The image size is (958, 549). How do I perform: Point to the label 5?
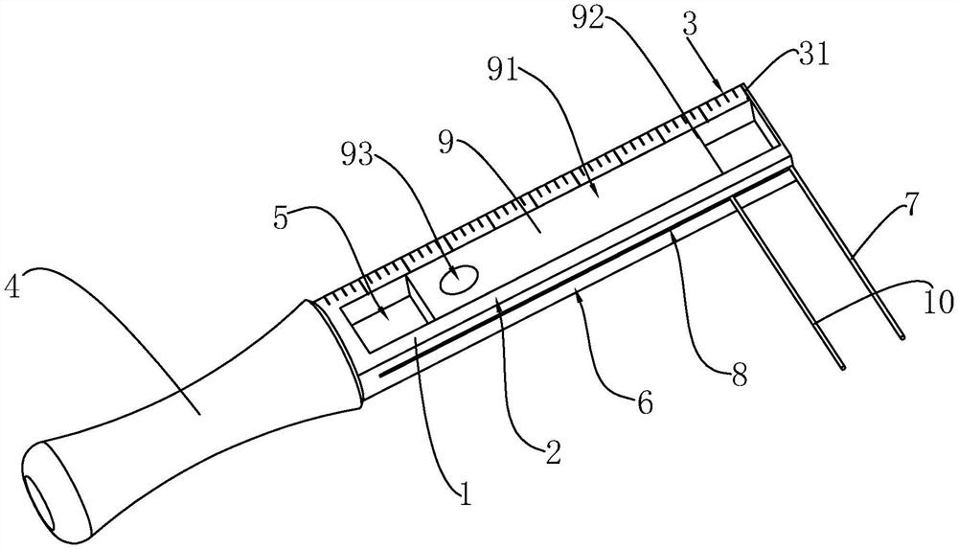click(281, 217)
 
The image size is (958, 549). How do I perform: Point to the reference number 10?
click(939, 303)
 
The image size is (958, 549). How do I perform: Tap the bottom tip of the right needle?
click(903, 336)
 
